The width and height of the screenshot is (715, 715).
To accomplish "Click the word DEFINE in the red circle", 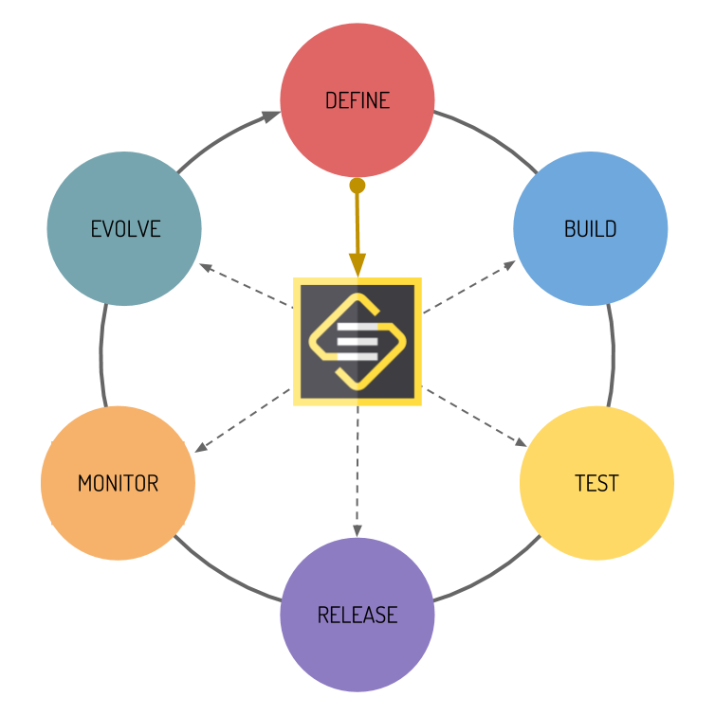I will pyautogui.click(x=357, y=100).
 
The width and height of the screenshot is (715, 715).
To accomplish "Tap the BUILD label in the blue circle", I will pyautogui.click(x=590, y=228).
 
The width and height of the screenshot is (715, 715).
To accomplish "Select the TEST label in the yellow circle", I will pyautogui.click(x=596, y=483).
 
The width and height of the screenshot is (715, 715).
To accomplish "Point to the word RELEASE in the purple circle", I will pyautogui.click(x=357, y=615).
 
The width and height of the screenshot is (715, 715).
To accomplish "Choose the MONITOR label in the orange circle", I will pyautogui.click(x=118, y=483).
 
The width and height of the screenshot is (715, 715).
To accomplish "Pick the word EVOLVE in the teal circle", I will pyautogui.click(x=125, y=228).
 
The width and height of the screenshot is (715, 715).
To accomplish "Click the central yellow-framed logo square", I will pyautogui.click(x=357, y=341).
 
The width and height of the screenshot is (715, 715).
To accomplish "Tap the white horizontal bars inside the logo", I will pyautogui.click(x=357, y=339).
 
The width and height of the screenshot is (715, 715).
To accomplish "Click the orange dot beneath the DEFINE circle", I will pyautogui.click(x=357, y=186).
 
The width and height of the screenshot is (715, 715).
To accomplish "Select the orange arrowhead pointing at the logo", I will pyautogui.click(x=357, y=264).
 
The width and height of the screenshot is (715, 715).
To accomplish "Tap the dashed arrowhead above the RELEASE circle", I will pyautogui.click(x=357, y=529).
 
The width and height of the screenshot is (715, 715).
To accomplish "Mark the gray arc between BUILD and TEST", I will pyautogui.click(x=612, y=355).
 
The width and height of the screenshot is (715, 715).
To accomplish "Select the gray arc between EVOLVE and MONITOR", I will pyautogui.click(x=101, y=355).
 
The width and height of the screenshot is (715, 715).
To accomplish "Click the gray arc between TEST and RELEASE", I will pyautogui.click(x=493, y=576).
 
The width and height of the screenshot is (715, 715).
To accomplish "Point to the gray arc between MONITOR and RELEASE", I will pyautogui.click(x=223, y=576).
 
